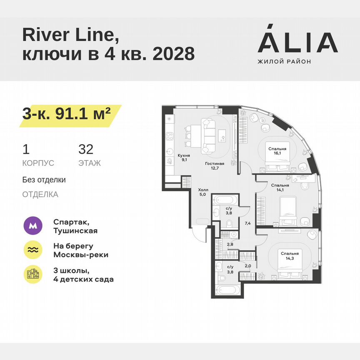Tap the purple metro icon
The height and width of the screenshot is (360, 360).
click(x=34, y=226)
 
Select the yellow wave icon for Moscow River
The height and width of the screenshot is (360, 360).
click(x=34, y=250)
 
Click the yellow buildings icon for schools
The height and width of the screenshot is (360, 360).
click(x=34, y=274)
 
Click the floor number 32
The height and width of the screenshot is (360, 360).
click(x=86, y=149)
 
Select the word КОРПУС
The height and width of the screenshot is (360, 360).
click(x=38, y=163)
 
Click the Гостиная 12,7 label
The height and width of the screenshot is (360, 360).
click(x=215, y=166)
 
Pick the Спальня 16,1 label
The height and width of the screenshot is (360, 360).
click(x=277, y=151)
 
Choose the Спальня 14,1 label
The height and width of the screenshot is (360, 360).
click(x=280, y=187)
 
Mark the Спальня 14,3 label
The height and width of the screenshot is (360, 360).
click(x=290, y=255)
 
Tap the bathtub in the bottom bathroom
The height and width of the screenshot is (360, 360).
click(x=227, y=290)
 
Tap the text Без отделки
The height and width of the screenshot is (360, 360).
click(x=44, y=180)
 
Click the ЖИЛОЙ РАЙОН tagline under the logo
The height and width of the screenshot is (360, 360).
click(x=285, y=62)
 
